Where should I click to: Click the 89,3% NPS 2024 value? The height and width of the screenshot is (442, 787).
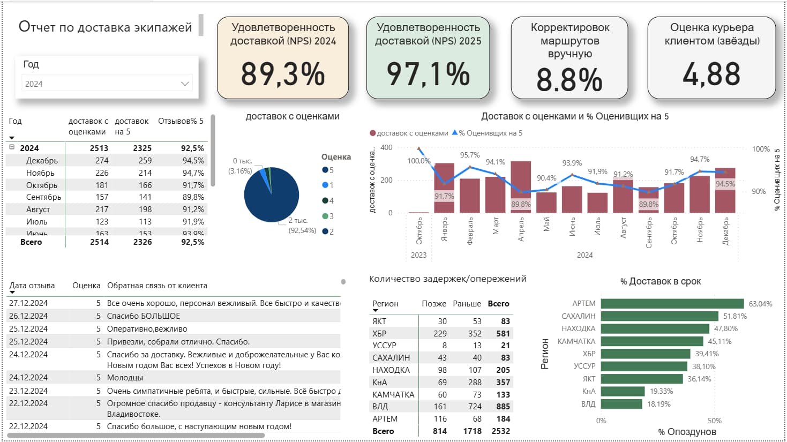[x=282, y=74]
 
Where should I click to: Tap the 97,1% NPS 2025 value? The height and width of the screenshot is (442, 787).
[x=428, y=74]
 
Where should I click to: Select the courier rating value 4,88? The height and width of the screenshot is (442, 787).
[x=711, y=74]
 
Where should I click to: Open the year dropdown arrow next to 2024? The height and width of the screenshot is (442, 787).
[x=185, y=84]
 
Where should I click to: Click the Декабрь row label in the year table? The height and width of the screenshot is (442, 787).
[x=42, y=160]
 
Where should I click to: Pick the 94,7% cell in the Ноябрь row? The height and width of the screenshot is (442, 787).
[x=193, y=173]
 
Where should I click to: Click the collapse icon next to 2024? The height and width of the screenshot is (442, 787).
[x=12, y=147]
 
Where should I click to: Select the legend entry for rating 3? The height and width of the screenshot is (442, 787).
[x=328, y=216]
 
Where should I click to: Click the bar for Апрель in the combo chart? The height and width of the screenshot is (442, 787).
[x=521, y=188]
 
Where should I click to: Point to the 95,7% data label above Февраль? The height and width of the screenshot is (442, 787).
[x=469, y=155]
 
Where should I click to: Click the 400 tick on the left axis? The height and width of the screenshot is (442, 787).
[x=386, y=147]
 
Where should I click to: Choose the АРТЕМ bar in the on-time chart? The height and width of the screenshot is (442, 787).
[x=672, y=303]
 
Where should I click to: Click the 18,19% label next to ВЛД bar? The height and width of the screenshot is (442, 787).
[x=658, y=404]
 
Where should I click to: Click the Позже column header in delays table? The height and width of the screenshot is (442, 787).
[x=433, y=304]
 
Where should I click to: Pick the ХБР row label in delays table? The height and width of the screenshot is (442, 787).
[x=379, y=333]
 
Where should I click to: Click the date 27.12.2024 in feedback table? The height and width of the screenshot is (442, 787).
[x=28, y=303]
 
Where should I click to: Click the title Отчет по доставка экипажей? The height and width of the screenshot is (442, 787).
[x=105, y=27]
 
